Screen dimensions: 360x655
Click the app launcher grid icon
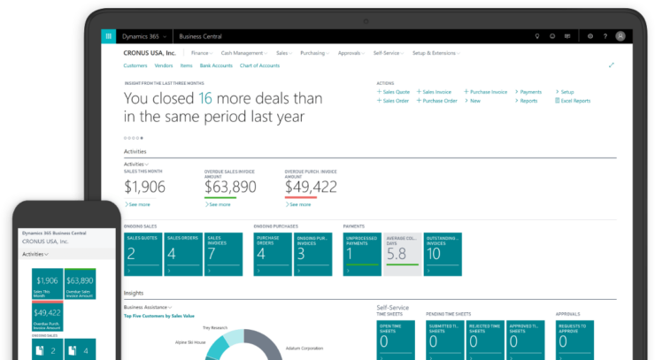[x=109, y=36]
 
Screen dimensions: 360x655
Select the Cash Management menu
[x=240, y=53]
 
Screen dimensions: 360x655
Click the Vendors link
[x=163, y=65]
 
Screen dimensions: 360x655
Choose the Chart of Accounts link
[x=259, y=65]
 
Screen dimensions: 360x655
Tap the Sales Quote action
[x=394, y=92]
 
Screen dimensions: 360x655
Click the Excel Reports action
[x=574, y=101]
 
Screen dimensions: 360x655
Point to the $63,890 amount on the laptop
[x=230, y=187]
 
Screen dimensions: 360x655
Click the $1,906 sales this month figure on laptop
[x=144, y=187]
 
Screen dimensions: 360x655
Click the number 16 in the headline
[x=205, y=98]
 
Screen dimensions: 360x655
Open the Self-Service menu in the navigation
[x=387, y=53]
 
